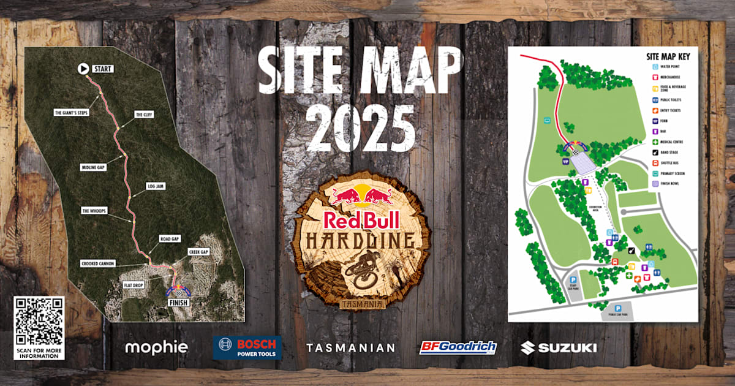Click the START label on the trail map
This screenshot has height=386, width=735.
(x=102, y=69)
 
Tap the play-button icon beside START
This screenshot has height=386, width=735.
(x=83, y=69)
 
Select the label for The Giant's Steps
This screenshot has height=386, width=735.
(x=72, y=112)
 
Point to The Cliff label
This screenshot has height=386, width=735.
(x=143, y=115)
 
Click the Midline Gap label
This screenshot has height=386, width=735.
(x=93, y=167)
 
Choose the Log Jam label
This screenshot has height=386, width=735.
(x=156, y=186)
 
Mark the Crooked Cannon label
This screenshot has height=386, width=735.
(x=97, y=263)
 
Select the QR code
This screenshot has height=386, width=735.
(x=39, y=321)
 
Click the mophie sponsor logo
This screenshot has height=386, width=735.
(x=157, y=347)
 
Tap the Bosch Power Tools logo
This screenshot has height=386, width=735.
(x=247, y=347)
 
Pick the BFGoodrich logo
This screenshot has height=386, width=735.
(x=458, y=347)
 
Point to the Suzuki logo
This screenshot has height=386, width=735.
(x=559, y=347)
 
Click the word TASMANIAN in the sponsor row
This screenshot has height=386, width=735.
(x=351, y=347)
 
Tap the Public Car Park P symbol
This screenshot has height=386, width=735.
(x=618, y=308)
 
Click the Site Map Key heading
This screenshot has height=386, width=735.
(x=668, y=56)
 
